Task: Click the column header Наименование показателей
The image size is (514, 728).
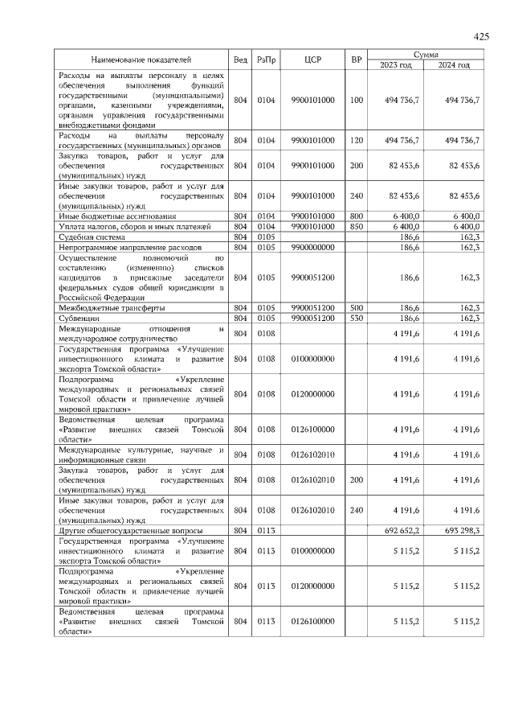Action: tap(141, 60)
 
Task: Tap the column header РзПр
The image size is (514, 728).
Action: tap(266, 60)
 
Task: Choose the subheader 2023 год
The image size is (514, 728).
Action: tap(395, 64)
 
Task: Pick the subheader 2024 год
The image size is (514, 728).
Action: tap(455, 64)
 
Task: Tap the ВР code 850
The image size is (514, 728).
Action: tap(357, 227)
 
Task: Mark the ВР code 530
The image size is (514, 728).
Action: tap(357, 319)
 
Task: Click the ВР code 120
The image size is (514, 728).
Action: tap(357, 140)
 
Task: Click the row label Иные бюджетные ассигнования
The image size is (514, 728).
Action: tap(116, 216)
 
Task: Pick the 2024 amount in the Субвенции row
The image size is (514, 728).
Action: tap(467, 319)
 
